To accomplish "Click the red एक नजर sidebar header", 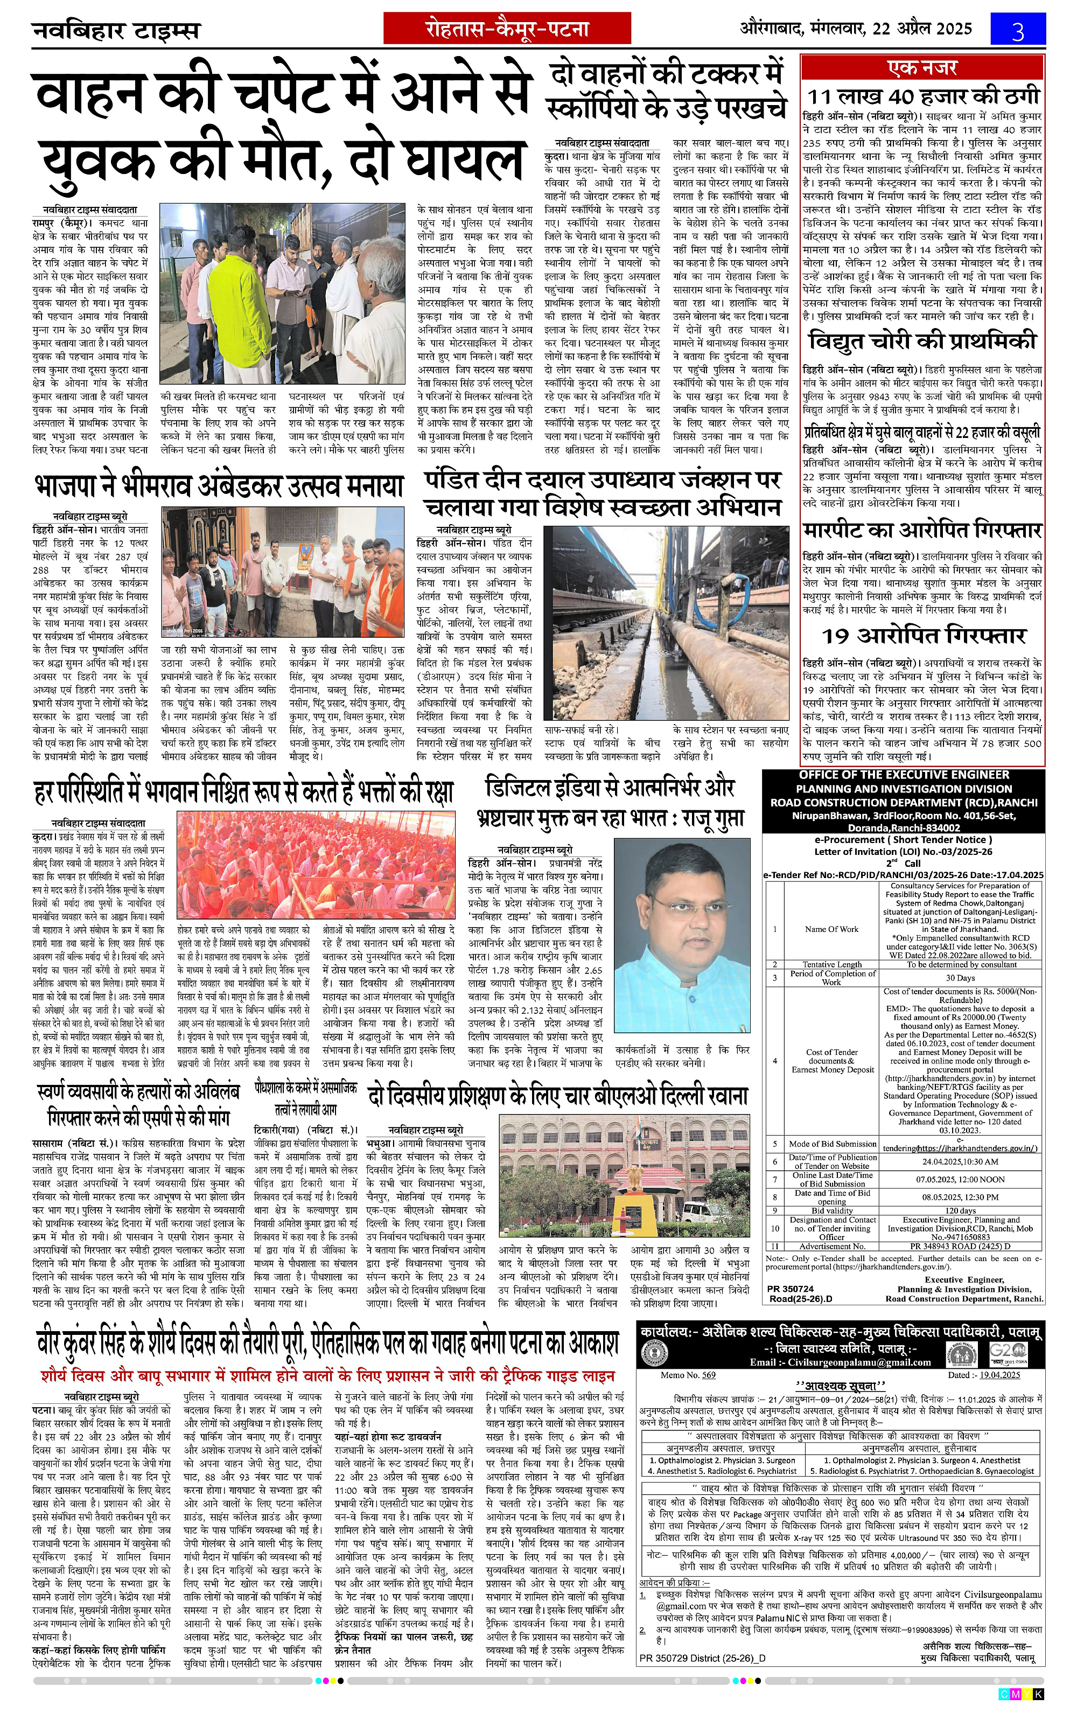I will (923, 68).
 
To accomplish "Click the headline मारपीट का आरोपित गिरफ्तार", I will (923, 530).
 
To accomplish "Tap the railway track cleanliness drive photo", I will (666, 623).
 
